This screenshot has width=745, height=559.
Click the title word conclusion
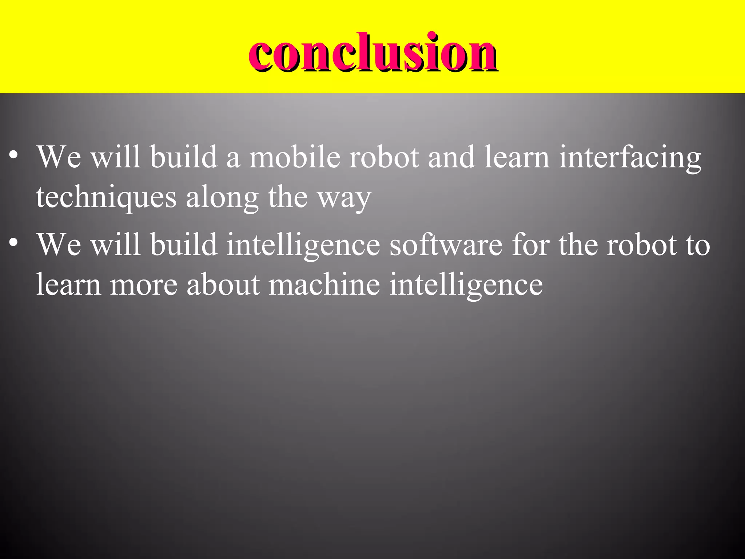tap(373, 53)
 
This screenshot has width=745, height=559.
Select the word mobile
tap(294, 157)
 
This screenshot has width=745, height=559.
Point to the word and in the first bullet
tap(451, 157)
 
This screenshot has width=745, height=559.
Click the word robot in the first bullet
tap(384, 157)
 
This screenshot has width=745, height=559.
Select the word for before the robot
tap(531, 245)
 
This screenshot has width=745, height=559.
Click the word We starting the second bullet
tap(59, 245)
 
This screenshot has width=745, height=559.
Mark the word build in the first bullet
tap(184, 157)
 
